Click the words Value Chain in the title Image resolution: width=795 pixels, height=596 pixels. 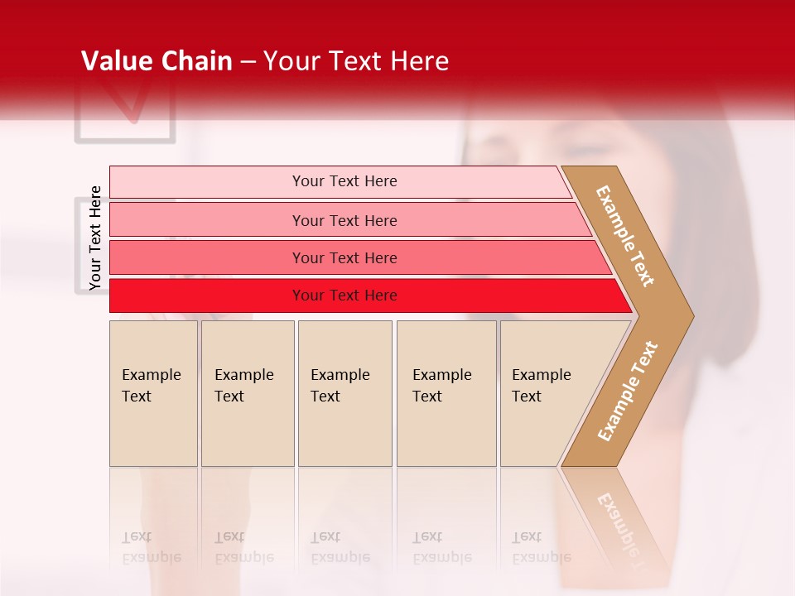[157, 60]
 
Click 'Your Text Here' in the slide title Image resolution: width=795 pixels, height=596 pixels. [356, 60]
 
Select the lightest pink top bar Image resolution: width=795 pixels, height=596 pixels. [207, 182]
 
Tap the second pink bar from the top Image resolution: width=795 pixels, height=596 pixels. [207, 220]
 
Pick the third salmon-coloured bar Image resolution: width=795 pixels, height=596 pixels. [207, 257]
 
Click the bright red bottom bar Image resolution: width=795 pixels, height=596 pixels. [207, 296]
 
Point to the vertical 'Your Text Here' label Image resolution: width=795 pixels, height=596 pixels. [95, 238]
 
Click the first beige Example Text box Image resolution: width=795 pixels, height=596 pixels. [153, 393]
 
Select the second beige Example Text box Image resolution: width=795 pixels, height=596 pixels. [247, 393]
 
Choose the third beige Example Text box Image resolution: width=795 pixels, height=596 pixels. [344, 393]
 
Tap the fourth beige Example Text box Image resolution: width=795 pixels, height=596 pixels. [446, 393]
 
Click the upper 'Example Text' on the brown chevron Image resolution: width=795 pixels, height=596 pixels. [625, 236]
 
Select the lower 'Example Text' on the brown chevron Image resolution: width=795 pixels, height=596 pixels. [628, 391]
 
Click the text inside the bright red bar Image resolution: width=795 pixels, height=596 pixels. [344, 296]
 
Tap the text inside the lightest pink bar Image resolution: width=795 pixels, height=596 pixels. [344, 181]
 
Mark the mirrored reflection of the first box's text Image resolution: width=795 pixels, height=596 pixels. [151, 547]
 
